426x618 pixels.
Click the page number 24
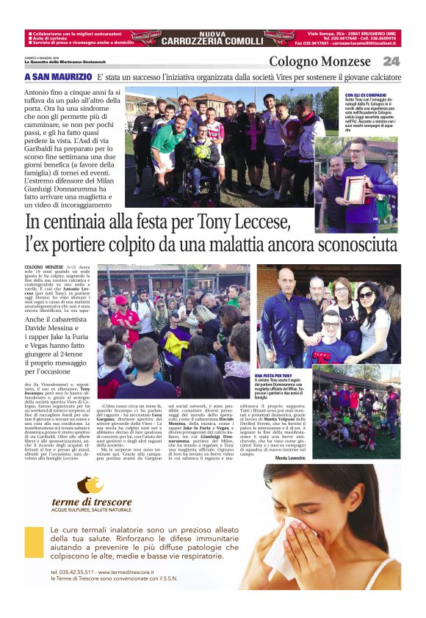391,61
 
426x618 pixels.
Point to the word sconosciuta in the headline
352,244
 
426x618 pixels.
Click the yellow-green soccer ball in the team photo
202,152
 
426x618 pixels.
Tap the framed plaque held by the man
356,189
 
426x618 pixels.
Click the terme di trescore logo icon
90,485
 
